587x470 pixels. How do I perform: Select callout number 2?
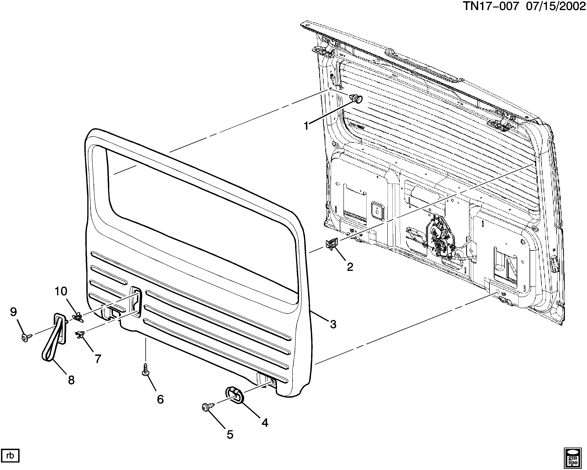350,267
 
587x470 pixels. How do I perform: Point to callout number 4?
265,423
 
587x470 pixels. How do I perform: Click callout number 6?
160,399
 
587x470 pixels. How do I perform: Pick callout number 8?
71,380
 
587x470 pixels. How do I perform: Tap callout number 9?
13,312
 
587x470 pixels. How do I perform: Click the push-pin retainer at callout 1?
356,98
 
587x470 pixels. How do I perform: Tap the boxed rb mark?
10,455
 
